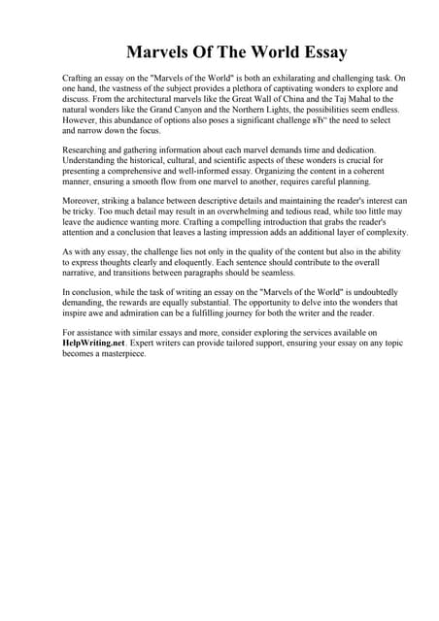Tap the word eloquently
(x=222, y=262)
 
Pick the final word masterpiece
(x=120, y=354)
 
